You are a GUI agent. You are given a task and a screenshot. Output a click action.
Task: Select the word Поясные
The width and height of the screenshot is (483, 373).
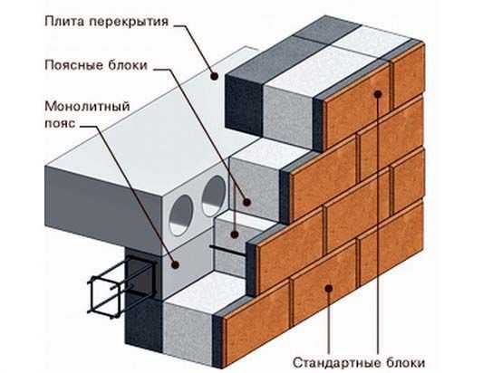[72, 65]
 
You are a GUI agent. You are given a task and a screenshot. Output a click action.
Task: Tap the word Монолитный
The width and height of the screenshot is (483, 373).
[87, 107]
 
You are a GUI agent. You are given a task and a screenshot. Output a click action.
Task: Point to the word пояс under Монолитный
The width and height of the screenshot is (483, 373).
[61, 123]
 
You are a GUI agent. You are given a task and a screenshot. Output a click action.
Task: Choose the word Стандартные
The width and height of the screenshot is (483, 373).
[335, 362]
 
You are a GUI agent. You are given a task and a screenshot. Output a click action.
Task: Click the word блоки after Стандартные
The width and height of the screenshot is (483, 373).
[404, 362]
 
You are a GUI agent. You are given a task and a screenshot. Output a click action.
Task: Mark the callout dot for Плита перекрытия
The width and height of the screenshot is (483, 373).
[215, 76]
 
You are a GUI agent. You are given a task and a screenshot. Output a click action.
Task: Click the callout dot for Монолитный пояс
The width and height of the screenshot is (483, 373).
[176, 264]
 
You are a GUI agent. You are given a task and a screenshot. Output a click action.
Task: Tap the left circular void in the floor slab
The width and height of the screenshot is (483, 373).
[181, 215]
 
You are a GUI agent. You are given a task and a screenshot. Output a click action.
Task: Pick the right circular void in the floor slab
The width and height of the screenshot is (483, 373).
[214, 196]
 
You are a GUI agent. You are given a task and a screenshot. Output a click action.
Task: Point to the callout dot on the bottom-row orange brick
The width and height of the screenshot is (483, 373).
[329, 288]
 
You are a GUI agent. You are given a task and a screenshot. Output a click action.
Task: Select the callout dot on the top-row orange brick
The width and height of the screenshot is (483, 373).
[378, 94]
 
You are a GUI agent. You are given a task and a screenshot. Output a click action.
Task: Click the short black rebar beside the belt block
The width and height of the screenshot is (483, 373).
[228, 250]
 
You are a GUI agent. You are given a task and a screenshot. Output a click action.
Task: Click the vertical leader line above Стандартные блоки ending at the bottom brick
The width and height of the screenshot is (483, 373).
[329, 322]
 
